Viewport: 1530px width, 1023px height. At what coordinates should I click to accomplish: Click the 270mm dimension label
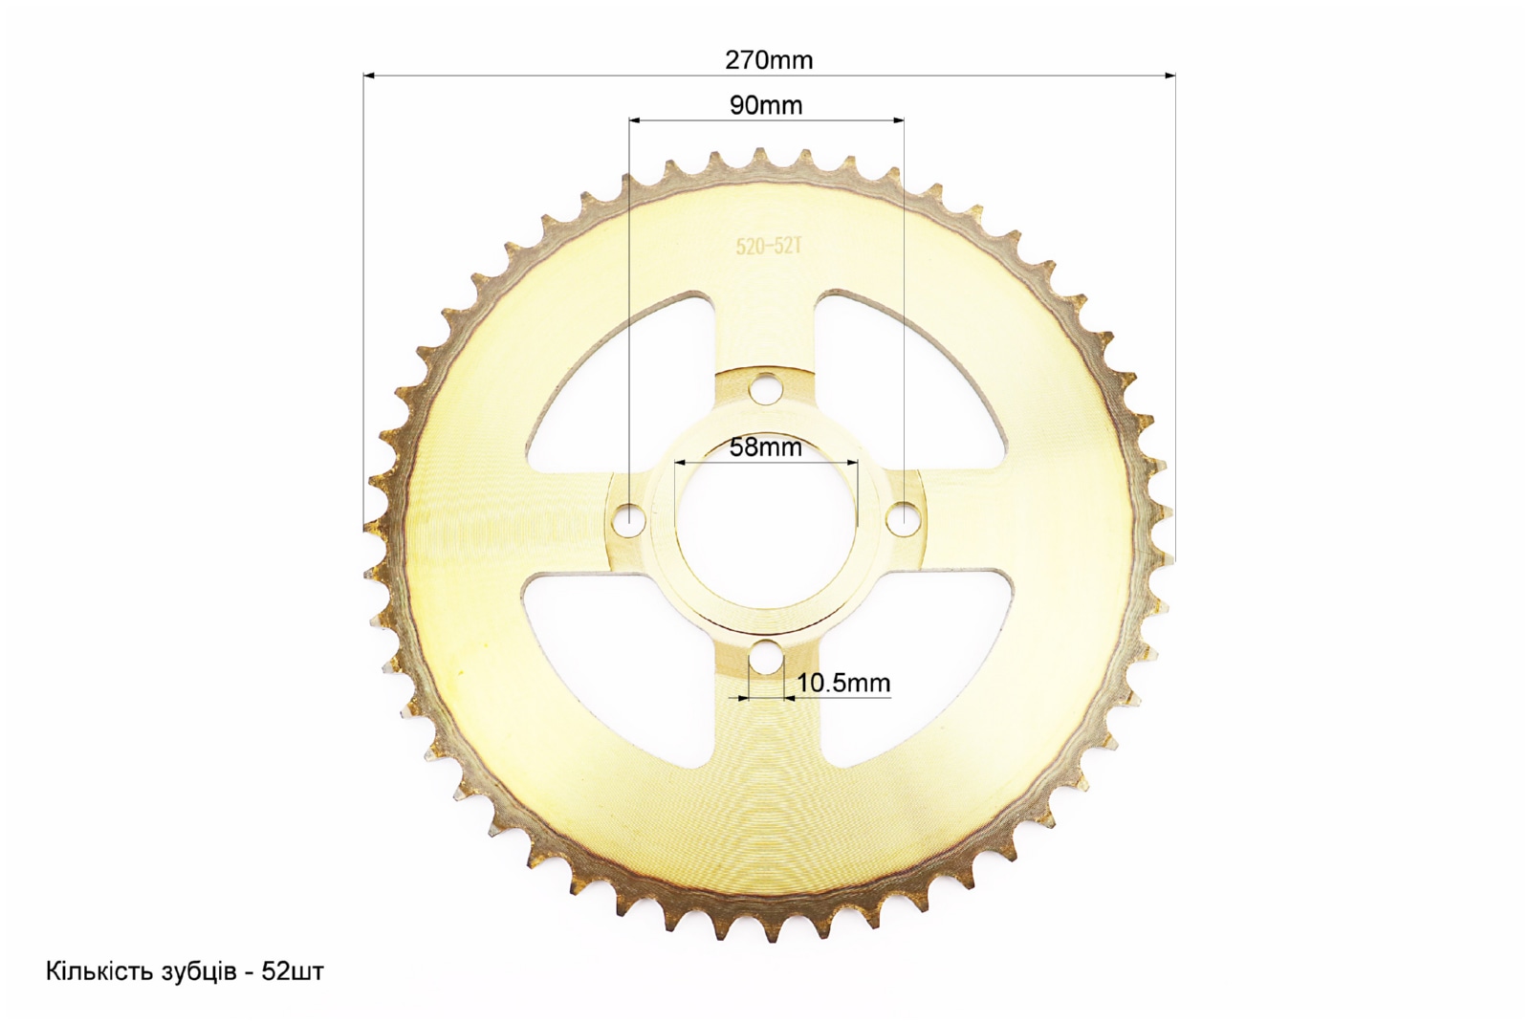pyautogui.click(x=769, y=61)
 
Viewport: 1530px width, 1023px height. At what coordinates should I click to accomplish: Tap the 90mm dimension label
pyautogui.click(x=766, y=105)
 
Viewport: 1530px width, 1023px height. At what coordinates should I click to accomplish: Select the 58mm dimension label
pyautogui.click(x=766, y=447)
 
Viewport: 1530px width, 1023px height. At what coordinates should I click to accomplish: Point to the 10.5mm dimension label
pyautogui.click(x=843, y=683)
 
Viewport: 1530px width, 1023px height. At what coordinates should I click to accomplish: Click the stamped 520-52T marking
pyautogui.click(x=769, y=246)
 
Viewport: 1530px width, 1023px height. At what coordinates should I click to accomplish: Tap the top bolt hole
pyautogui.click(x=766, y=389)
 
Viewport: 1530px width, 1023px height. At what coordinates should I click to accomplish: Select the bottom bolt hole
pyautogui.click(x=766, y=656)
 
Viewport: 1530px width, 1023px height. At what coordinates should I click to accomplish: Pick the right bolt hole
pyautogui.click(x=903, y=517)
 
